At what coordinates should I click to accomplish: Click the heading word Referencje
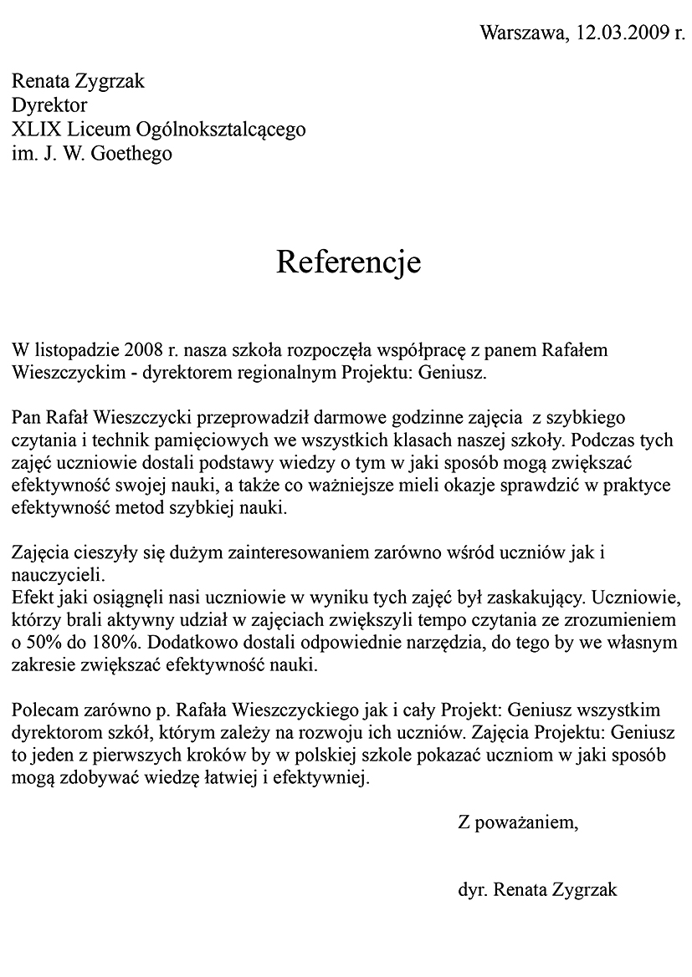pos(348,262)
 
